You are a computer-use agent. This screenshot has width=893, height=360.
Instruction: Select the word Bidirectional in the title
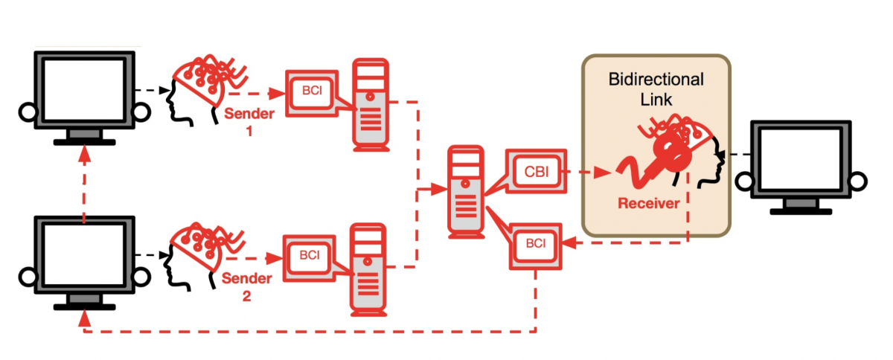coord(656,79)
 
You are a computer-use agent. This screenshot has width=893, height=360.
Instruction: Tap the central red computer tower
coord(465,192)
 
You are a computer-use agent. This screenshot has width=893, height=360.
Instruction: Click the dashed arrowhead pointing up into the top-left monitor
coord(85,152)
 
